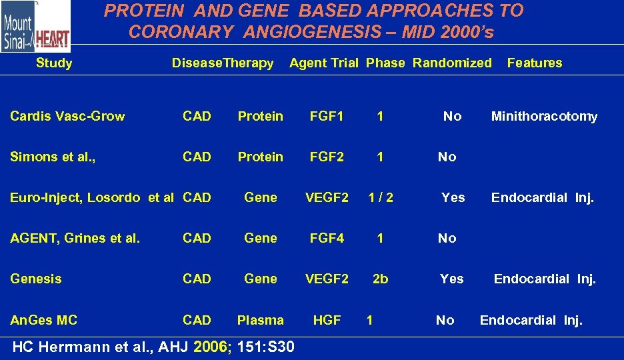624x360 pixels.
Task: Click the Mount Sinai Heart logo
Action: (x=35, y=27)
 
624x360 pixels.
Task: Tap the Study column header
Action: (x=54, y=63)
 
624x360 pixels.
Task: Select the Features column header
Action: (x=534, y=63)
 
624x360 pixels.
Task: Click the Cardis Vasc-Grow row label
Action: (x=67, y=117)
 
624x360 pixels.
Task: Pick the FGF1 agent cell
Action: (x=327, y=117)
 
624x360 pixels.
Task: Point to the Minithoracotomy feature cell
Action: (x=544, y=117)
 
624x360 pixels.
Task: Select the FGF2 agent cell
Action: (x=327, y=157)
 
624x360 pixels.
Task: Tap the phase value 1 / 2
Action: (x=380, y=198)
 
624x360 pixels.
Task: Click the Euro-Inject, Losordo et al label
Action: (x=92, y=198)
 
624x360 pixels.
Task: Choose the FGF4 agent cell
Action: (x=327, y=239)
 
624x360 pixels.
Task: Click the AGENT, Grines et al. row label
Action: (x=75, y=239)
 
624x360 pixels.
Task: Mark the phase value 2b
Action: (x=380, y=279)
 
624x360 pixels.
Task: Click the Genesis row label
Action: (x=35, y=279)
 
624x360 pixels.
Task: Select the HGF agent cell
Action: (x=327, y=321)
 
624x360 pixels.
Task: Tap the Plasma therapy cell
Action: (x=260, y=321)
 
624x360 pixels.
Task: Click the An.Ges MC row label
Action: (x=43, y=321)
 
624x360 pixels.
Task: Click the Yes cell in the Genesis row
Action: (x=451, y=279)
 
